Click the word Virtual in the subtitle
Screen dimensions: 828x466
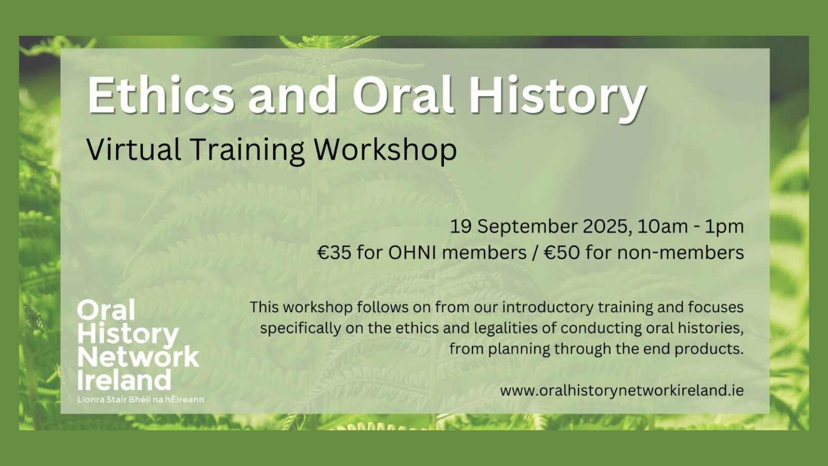[134, 149]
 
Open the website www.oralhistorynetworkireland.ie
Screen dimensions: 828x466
[622, 391]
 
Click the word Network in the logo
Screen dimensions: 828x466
[138, 357]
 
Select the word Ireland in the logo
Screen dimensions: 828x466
[124, 380]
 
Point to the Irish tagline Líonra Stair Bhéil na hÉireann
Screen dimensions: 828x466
[141, 399]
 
